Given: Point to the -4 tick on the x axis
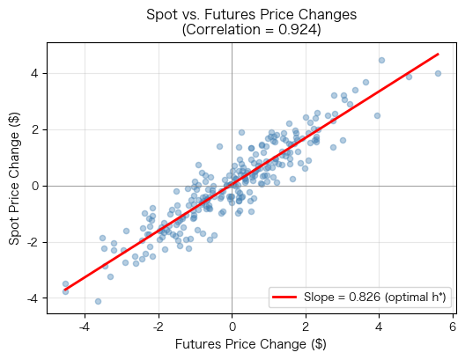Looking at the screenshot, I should pyautogui.click(x=85, y=326).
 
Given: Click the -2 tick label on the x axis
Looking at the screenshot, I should pyautogui.click(x=159, y=326).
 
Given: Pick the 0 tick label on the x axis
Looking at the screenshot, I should pyautogui.click(x=232, y=326).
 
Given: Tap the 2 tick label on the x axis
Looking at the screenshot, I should pyautogui.click(x=306, y=326).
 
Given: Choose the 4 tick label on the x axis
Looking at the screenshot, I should pyautogui.click(x=379, y=326).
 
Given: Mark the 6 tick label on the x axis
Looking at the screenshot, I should pyautogui.click(x=452, y=326).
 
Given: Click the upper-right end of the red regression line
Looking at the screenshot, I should pyautogui.click(x=438, y=54).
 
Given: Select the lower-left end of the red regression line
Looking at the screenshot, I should pyautogui.click(x=65, y=290).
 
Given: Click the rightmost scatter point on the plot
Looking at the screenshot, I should pyautogui.click(x=438, y=73).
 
